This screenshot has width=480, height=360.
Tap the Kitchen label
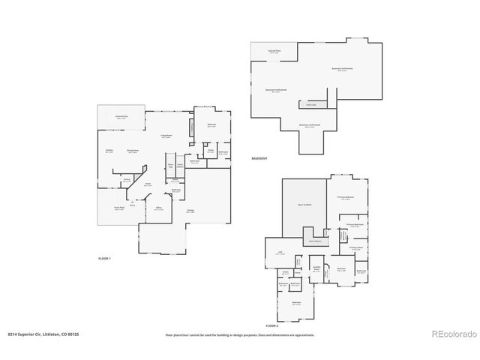[109, 151]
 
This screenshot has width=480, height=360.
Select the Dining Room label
[132, 151]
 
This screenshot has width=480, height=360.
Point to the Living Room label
[166, 136]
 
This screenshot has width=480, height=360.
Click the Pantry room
[127, 180]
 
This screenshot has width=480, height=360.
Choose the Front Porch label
[118, 209]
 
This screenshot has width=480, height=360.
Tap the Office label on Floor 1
[158, 208]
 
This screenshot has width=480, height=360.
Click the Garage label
[190, 211]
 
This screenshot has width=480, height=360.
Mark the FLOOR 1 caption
[104, 258]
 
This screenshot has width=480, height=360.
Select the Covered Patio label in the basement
[274, 52]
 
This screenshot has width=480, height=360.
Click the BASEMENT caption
[259, 157]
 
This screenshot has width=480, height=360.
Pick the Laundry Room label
[316, 268]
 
